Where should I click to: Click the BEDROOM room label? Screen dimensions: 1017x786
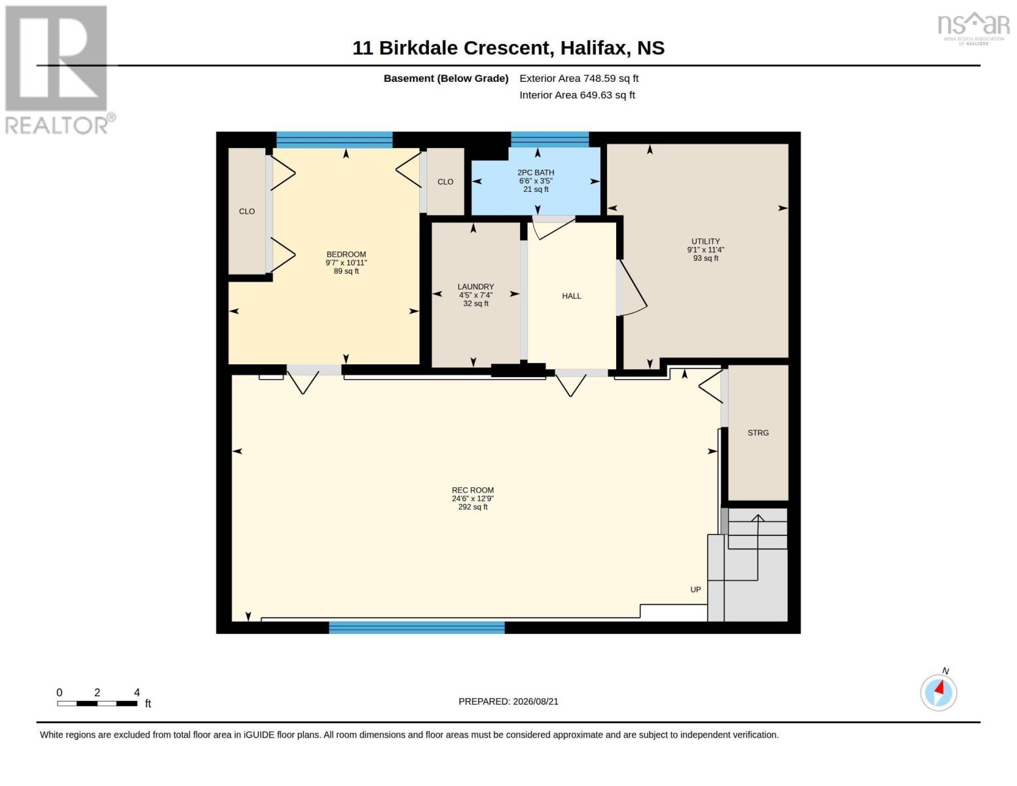click(346, 255)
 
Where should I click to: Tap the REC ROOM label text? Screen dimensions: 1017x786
click(473, 490)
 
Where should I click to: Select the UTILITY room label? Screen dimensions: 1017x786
click(705, 242)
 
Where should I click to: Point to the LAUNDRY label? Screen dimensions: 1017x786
click(475, 286)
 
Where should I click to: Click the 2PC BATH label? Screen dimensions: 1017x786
click(536, 173)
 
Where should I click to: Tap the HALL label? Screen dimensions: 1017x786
click(572, 296)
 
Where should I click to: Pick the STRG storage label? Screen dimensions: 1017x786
click(758, 433)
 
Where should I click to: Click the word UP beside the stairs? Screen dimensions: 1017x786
click(695, 589)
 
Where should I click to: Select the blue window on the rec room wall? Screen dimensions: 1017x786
click(416, 627)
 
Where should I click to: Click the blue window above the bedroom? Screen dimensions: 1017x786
click(334, 140)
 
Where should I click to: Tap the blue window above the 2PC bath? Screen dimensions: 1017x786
click(549, 140)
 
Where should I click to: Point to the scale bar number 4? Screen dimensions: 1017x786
click(137, 692)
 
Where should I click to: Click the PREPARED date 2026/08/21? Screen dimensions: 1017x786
click(536, 702)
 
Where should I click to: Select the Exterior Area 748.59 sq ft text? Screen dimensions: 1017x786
click(579, 79)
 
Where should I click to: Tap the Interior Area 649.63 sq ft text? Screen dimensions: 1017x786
click(577, 95)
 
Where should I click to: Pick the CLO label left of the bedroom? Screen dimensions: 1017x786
click(247, 212)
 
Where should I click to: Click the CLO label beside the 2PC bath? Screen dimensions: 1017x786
click(445, 182)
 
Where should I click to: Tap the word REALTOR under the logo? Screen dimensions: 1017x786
click(56, 126)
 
